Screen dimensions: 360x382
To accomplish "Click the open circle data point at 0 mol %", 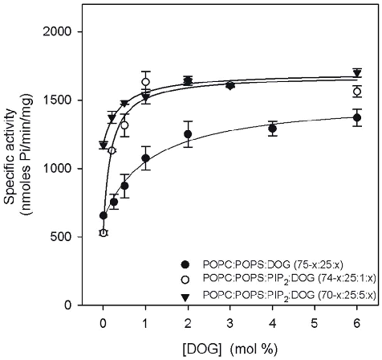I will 104,233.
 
